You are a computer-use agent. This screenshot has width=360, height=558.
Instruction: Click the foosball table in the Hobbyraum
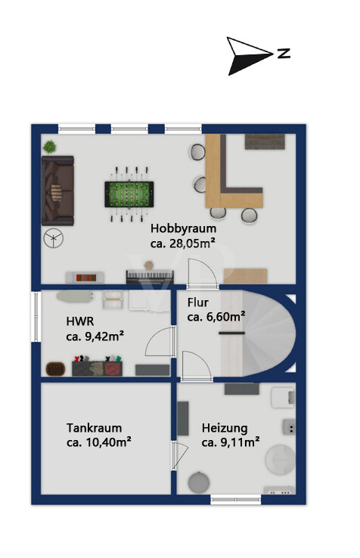tap(129, 194)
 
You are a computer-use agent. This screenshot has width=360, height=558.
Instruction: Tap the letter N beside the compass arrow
tap(284, 54)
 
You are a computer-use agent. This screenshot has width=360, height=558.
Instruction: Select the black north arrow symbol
tap(250, 56)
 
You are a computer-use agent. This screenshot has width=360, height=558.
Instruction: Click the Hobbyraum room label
tap(183, 228)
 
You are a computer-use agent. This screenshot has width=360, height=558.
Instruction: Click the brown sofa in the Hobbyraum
tap(57, 191)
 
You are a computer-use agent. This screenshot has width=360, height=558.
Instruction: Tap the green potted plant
tap(49, 147)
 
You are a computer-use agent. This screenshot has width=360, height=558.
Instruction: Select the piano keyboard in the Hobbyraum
tap(150, 277)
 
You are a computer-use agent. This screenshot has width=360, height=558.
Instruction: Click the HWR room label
tap(80, 321)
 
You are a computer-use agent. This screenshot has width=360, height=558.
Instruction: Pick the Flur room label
tap(198, 302)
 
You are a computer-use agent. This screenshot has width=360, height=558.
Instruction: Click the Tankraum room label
tap(94, 427)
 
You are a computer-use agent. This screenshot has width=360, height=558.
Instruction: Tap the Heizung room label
tap(225, 428)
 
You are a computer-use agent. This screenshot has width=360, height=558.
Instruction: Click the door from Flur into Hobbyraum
tap(202, 273)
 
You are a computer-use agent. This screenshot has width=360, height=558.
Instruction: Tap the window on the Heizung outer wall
tap(236, 500)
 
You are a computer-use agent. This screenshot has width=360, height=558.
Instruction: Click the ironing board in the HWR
tap(75, 296)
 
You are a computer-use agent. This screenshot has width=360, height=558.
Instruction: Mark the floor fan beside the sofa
tap(54, 238)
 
